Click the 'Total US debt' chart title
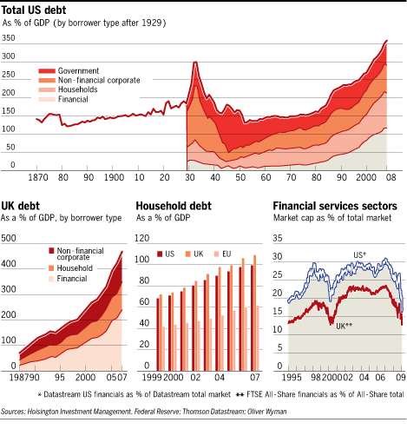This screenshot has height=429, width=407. point(34,10)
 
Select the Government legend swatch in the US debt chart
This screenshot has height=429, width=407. point(47,71)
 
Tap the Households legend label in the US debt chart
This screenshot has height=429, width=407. point(77,89)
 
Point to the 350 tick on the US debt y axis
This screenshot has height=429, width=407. point(9,38)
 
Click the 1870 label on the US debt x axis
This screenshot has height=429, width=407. point(38,177)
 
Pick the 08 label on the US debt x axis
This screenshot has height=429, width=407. point(391,177)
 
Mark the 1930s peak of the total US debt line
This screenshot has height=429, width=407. point(195,62)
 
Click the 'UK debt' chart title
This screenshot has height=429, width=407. point(20,206)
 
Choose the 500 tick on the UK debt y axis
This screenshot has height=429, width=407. point(9,238)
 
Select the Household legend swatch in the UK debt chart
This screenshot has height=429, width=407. point(51,268)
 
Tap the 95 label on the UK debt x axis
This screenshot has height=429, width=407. point(60,377)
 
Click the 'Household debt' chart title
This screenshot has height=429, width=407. point(174,206)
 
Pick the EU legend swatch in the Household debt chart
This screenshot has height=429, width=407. point(216,254)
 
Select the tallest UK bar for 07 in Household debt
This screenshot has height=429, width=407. point(254,313)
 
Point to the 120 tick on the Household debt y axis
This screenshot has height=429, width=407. point(142,238)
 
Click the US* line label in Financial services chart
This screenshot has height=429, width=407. point(359,255)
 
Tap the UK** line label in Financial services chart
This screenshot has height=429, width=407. point(344,327)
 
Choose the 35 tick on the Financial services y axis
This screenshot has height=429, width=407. point(278,238)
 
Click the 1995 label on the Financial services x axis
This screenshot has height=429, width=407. point(292,377)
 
